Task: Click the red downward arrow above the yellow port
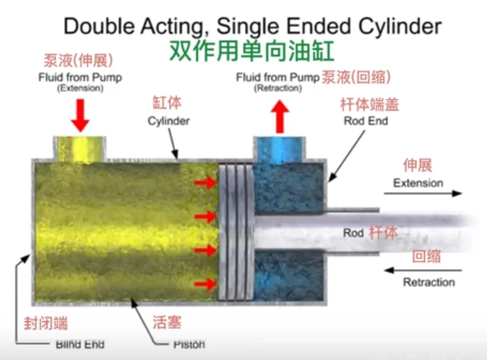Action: coord(80,115)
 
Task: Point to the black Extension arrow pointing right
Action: coord(422,193)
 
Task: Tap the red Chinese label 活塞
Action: coord(167,322)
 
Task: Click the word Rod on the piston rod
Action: coord(353,233)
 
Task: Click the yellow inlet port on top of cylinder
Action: coord(79,146)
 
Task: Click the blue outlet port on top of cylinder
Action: coord(278,148)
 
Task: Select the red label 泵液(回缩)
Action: coord(356,77)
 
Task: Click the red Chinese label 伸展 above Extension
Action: coord(418,166)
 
